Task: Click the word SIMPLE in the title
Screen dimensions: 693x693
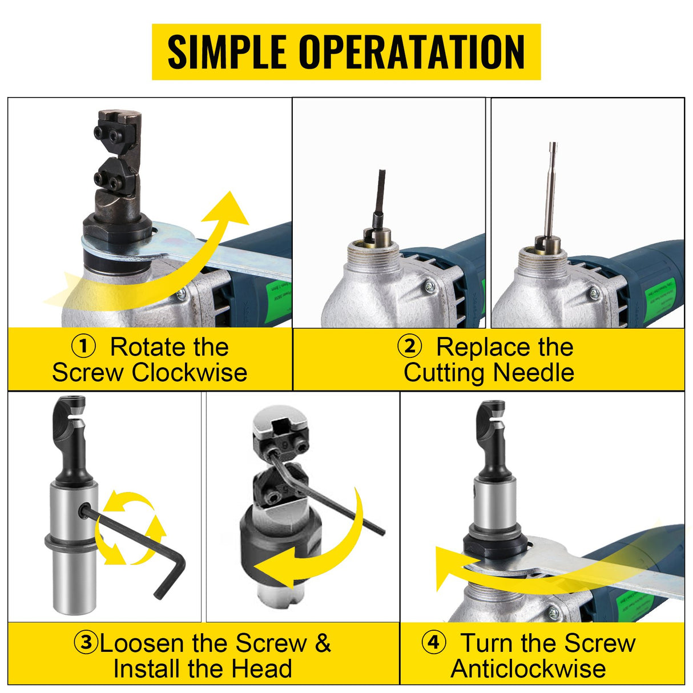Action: pos(227,52)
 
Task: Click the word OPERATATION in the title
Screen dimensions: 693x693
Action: pos(412,52)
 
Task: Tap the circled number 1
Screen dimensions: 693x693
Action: pos(83,346)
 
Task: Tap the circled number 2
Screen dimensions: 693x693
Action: pos(409,346)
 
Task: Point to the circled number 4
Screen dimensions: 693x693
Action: pos(433,642)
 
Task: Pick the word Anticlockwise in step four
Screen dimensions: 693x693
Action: pos(528,668)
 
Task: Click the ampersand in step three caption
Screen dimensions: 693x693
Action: pos(323,643)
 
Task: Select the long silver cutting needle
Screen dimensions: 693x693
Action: pos(551,188)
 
